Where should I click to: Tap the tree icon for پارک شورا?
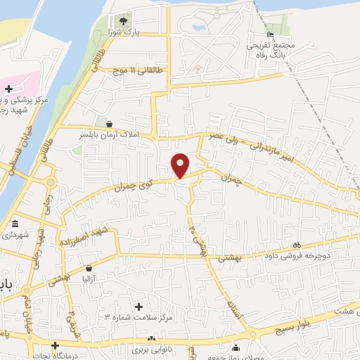tap(124, 20)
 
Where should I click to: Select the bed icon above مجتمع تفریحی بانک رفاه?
tap(271, 36)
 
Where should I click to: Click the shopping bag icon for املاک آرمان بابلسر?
tap(108, 124)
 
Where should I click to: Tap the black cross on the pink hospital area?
tap(8, 89)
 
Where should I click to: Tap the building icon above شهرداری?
tap(15, 224)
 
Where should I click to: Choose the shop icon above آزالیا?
tap(89, 269)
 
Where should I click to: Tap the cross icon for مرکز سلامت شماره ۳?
tap(139, 307)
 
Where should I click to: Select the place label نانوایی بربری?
tap(151, 349)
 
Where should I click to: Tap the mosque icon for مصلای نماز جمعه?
tap(236, 347)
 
